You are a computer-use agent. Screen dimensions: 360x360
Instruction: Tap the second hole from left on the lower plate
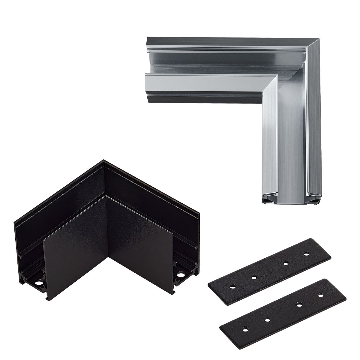tap(267, 311)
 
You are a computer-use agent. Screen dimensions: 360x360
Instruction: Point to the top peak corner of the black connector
tap(103, 161)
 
